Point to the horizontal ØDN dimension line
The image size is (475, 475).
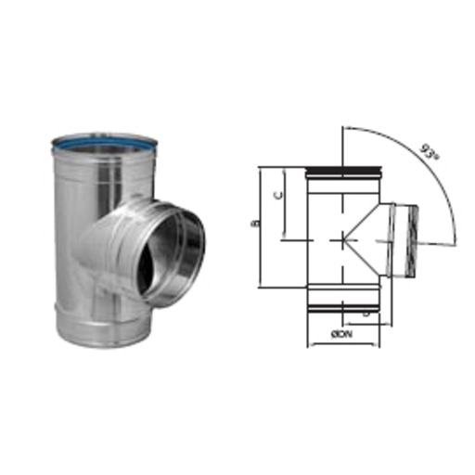point(343,345)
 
